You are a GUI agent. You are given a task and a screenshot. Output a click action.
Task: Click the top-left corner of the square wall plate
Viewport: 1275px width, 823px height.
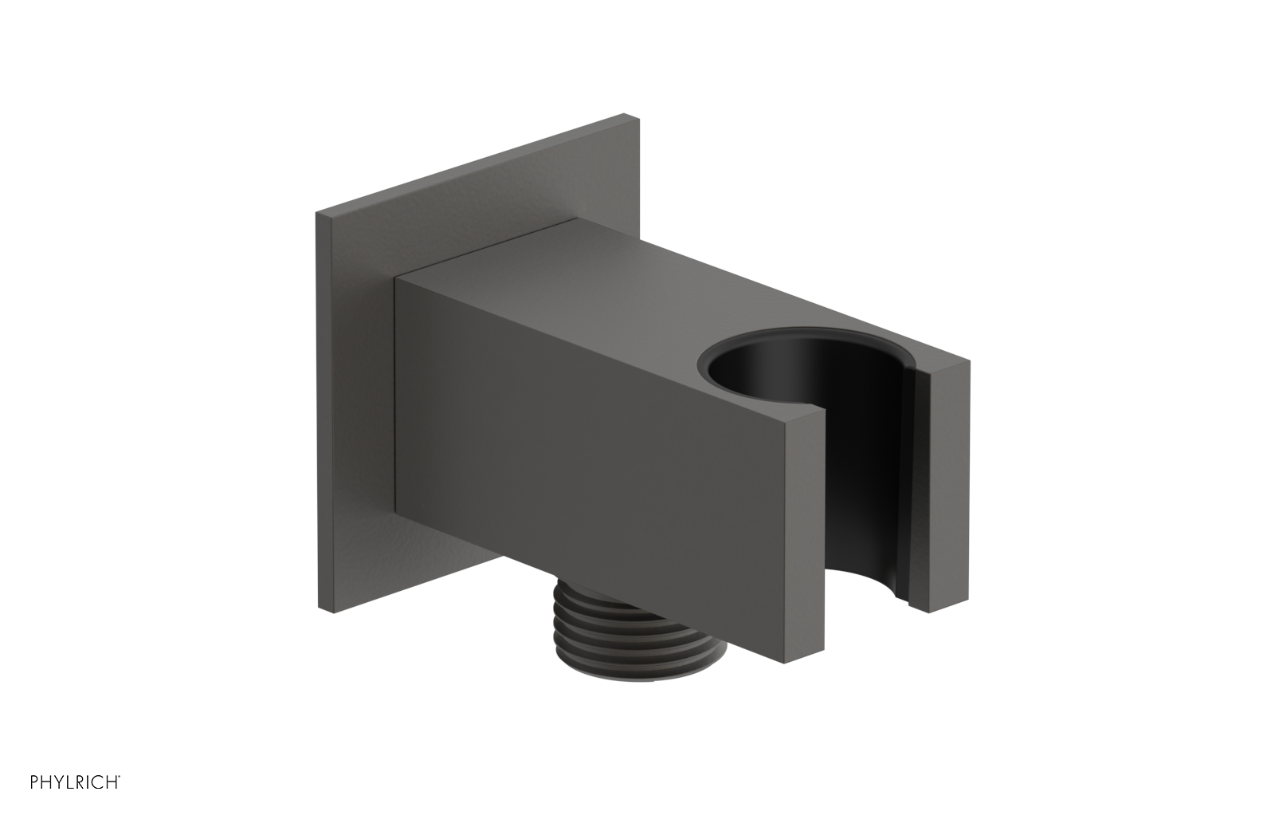click(x=318, y=212)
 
